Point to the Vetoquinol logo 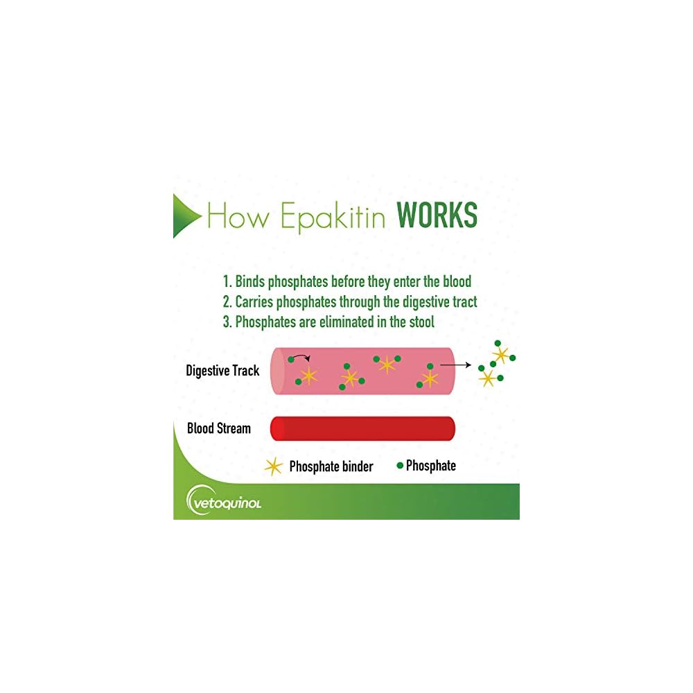click(224, 501)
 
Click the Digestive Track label click(222, 371)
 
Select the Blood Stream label click(219, 428)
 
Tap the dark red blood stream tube click(362, 428)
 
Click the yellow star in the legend click(274, 466)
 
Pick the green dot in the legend click(399, 466)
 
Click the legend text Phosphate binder click(331, 466)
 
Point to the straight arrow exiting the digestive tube click(455, 364)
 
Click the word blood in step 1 click(455, 281)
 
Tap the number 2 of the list click(226, 302)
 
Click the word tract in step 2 click(463, 302)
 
